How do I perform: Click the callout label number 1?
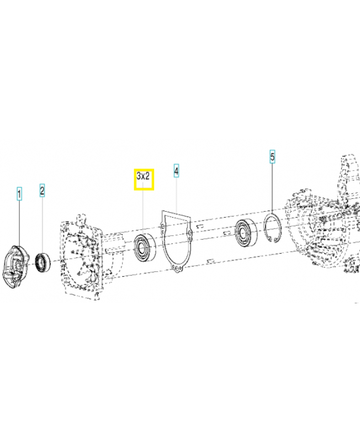coord(19,194)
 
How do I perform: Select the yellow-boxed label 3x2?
coord(144,178)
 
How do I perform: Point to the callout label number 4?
coord(176,171)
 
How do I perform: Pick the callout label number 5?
coord(272,157)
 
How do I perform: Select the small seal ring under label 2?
coord(43,262)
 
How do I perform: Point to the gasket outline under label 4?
coord(176,238)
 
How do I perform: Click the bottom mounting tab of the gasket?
coord(176,269)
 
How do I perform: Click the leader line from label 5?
coord(272,188)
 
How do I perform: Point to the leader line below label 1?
coord(19,221)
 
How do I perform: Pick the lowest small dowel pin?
coord(210,260)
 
